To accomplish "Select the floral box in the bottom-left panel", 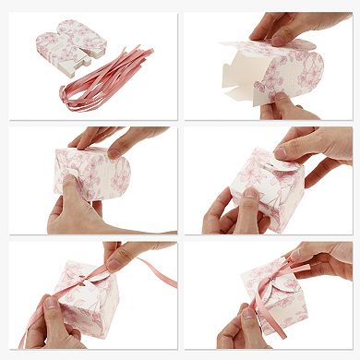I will tap(88, 305).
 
